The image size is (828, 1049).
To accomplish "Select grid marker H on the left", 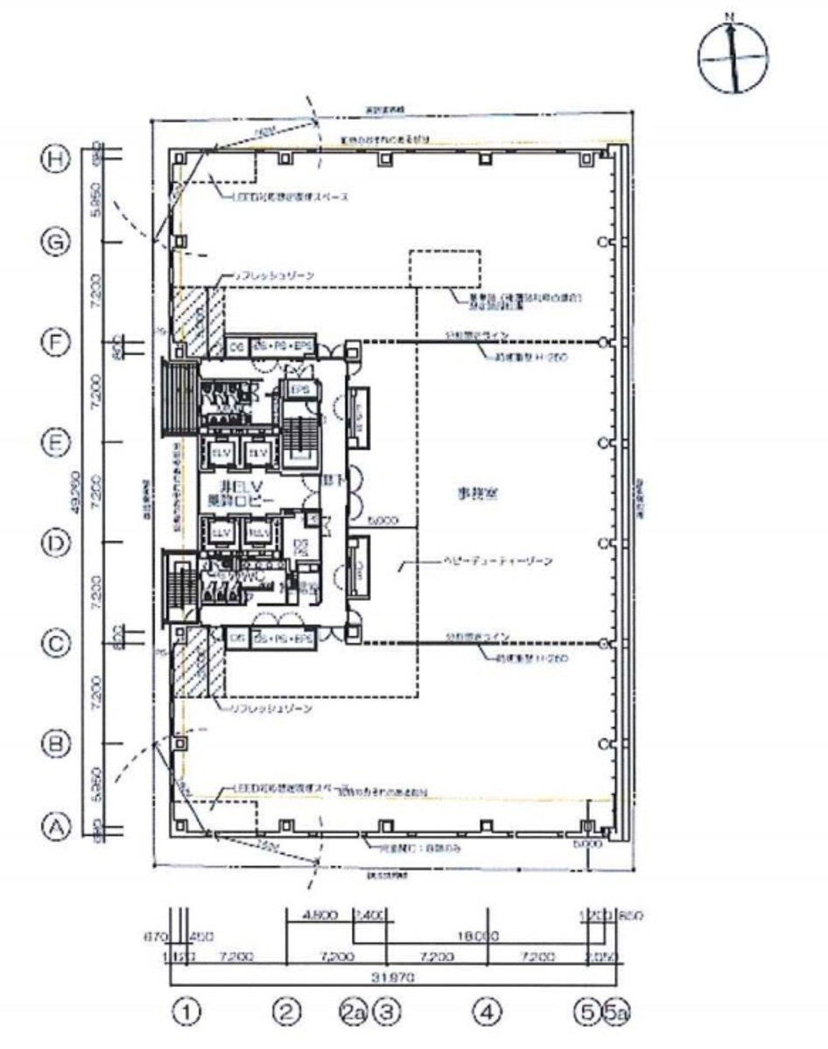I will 57,159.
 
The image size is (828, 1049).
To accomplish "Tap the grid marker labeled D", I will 57,544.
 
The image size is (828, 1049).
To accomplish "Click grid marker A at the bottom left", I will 57,824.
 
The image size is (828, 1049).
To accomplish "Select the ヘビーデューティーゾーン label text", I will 495,563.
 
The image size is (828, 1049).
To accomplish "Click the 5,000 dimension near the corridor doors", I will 382,520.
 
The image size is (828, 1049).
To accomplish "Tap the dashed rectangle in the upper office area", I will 445,269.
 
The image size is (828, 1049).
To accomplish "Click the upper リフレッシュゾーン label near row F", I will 271,276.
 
